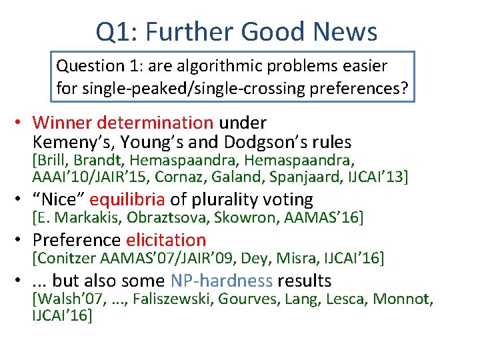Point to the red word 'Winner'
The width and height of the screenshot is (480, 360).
[62, 123]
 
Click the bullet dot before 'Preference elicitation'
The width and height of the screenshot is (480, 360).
[22, 241]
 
